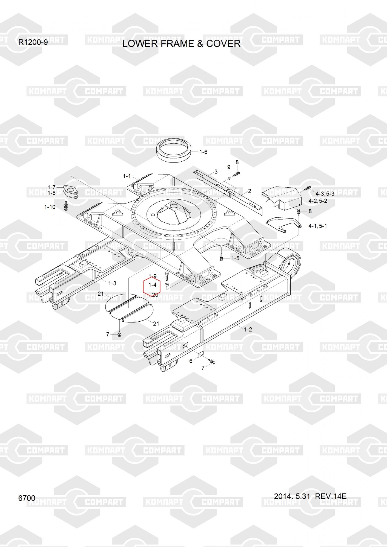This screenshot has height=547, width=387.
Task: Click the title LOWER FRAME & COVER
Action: tap(181, 43)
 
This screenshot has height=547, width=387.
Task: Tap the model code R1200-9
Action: tap(33, 42)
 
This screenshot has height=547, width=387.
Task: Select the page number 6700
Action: tap(27, 498)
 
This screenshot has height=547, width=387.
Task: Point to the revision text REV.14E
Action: tap(331, 496)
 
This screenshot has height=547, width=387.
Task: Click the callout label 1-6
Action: tap(203, 152)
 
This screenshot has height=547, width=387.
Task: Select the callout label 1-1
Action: tap(127, 176)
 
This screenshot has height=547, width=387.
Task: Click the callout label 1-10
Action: tap(50, 207)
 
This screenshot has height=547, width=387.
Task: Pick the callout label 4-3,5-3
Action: tap(325, 194)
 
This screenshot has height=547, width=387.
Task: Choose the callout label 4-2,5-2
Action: tap(318, 201)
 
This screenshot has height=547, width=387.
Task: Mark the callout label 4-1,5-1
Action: tap(318, 226)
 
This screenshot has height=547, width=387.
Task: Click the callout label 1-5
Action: tap(235, 258)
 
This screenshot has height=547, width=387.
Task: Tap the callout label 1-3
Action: tap(112, 283)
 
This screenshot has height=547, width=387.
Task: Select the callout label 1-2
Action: tap(248, 330)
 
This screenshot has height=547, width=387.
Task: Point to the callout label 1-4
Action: tap(152, 285)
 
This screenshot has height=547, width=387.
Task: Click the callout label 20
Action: tap(155, 295)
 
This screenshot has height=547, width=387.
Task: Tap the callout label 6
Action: tap(191, 361)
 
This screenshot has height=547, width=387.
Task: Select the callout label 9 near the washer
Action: tap(229, 167)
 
